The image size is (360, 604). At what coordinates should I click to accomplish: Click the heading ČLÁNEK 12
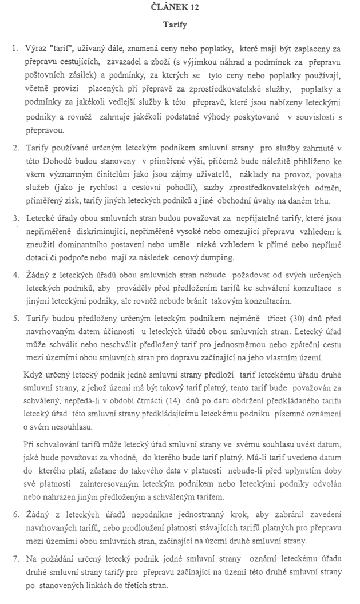coord(180,8)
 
